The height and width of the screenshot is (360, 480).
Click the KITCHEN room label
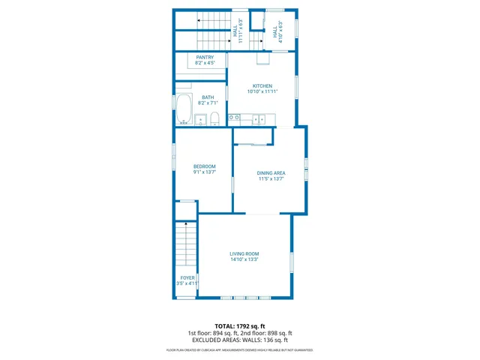(262, 85)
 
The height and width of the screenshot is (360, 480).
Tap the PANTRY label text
(205, 58)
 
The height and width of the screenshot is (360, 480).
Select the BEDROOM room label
(204, 166)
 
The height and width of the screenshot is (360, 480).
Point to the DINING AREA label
(271, 173)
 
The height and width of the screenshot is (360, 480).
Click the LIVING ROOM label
(244, 254)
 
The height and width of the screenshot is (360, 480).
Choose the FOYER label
(187, 277)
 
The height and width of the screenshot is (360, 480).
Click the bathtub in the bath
(184, 109)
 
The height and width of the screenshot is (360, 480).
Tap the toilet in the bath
(214, 117)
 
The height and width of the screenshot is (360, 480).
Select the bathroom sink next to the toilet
(200, 118)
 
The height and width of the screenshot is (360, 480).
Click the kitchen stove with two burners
(234, 118)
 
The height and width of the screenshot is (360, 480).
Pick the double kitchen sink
(259, 118)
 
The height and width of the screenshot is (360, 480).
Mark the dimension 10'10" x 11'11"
(262, 91)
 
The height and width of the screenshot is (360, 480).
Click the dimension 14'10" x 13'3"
(244, 260)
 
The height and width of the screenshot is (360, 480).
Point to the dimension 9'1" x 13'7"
(204, 172)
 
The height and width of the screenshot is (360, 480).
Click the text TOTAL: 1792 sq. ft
(239, 326)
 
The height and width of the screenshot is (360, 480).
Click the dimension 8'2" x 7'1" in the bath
(208, 102)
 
